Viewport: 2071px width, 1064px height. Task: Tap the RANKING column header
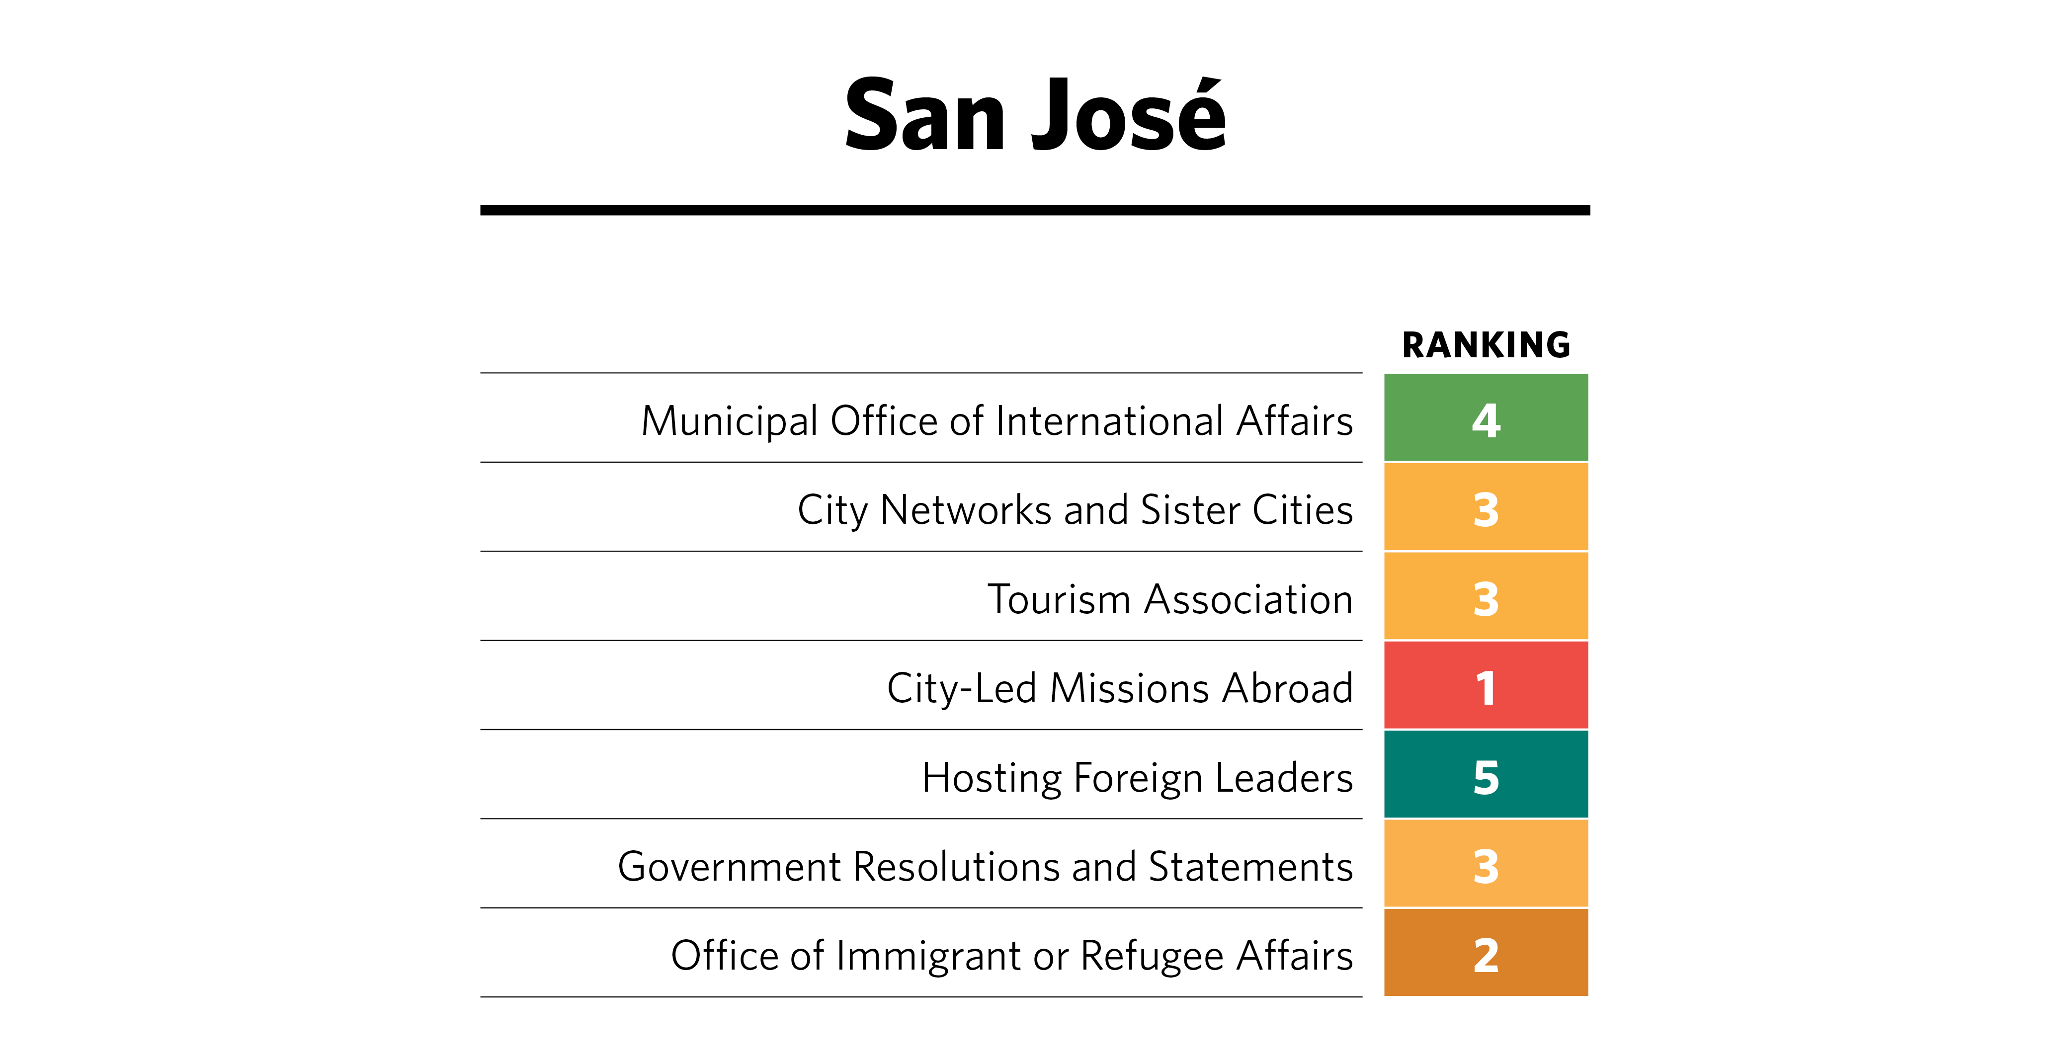point(1486,345)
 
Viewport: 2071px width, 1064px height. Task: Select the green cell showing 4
point(1486,418)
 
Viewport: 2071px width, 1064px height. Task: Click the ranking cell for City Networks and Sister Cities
point(1486,507)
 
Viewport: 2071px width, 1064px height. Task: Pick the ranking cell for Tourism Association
point(1486,596)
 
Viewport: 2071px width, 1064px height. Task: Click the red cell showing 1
point(1486,685)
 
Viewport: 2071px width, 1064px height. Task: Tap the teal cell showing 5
point(1486,775)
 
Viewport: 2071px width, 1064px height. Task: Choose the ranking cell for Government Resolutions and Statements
point(1486,864)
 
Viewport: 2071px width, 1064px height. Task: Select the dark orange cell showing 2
point(1486,953)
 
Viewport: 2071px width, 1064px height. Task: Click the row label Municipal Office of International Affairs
point(997,421)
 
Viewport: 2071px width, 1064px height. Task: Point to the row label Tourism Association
point(1170,599)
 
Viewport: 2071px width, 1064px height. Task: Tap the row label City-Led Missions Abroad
point(1120,689)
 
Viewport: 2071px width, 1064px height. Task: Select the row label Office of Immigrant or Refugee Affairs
point(1011,956)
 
